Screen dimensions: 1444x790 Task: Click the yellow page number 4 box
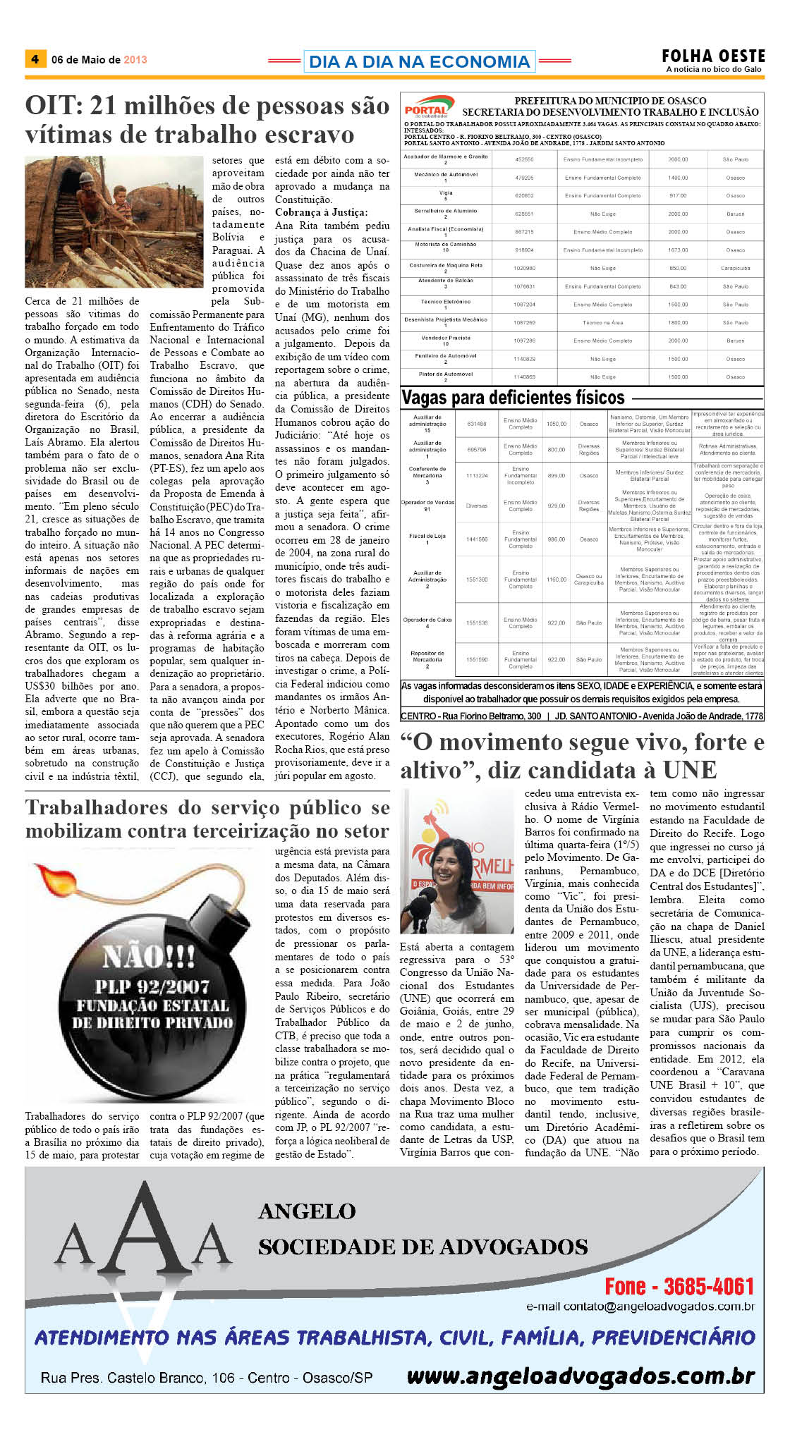pos(35,59)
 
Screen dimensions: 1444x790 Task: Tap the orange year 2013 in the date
pos(135,60)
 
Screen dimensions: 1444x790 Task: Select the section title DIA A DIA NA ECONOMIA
pos(419,62)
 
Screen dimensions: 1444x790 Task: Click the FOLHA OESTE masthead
pos(712,56)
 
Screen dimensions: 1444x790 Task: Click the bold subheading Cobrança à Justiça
pos(321,212)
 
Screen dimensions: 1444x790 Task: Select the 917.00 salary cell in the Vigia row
pos(678,195)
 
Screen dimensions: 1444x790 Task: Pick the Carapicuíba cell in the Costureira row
pos(735,269)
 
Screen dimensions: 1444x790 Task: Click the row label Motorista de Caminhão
pos(445,245)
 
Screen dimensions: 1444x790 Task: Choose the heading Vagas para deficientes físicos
pos(513,398)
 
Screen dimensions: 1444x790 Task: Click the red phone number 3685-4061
pos(708,1287)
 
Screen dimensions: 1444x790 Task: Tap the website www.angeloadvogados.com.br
pos(581,1376)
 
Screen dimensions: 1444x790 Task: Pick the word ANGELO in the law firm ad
pos(307,1211)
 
